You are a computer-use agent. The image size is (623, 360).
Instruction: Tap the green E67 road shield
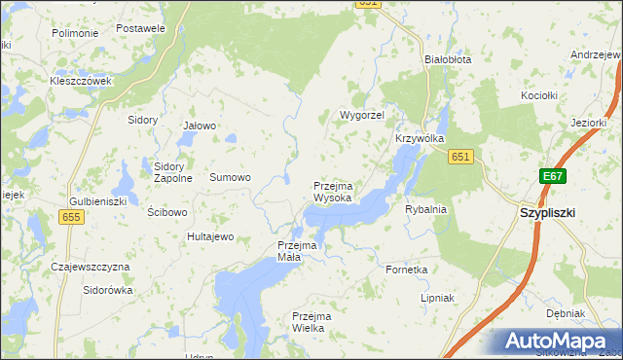click(x=553, y=176)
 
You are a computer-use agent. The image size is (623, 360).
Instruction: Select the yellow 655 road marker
click(x=71, y=218)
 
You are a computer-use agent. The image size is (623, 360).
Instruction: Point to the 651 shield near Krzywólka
click(x=461, y=157)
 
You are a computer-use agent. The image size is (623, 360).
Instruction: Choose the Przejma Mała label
click(x=297, y=251)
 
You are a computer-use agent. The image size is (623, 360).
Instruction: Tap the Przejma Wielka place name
click(x=312, y=322)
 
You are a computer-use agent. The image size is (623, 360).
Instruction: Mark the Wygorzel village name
click(x=362, y=115)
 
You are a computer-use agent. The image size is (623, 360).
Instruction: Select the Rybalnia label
click(x=425, y=209)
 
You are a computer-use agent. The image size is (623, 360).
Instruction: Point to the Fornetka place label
click(x=407, y=270)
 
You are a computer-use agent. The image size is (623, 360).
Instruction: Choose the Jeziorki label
click(x=589, y=123)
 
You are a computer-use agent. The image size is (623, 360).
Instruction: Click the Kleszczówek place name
click(x=82, y=81)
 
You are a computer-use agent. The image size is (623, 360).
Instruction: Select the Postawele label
click(x=140, y=28)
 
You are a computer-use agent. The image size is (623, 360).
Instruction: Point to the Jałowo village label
click(x=200, y=126)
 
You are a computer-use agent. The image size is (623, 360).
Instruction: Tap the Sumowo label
click(x=231, y=177)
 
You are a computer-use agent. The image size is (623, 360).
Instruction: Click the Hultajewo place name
click(x=211, y=236)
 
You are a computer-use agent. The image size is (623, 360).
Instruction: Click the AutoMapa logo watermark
click(x=554, y=342)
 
